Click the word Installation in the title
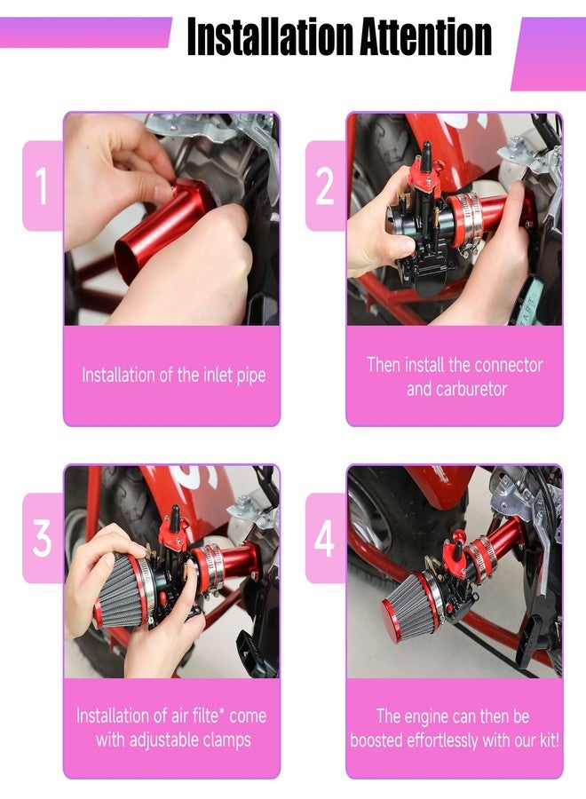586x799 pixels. click(270, 36)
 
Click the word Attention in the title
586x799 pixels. click(425, 36)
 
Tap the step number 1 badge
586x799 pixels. click(43, 186)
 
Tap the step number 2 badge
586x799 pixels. click(325, 186)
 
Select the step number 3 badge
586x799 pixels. click(43, 538)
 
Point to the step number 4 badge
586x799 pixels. click(325, 538)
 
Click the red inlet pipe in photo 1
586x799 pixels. click(163, 226)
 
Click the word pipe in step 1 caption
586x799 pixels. click(250, 376)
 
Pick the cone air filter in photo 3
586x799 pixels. click(123, 590)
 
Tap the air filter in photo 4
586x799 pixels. click(411, 605)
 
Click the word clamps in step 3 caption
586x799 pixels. click(226, 740)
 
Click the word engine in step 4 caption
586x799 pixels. click(434, 716)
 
